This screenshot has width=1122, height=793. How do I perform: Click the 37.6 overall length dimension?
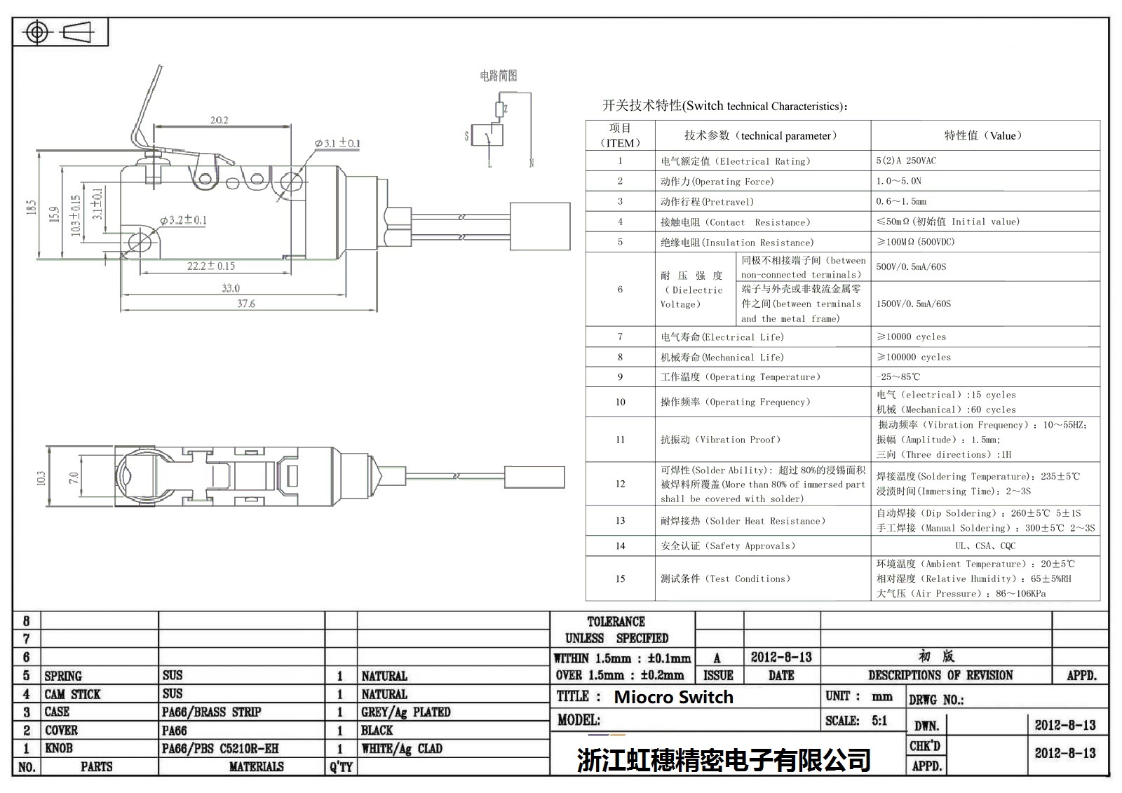pos(246,304)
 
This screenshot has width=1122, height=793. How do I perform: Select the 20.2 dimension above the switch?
pos(219,120)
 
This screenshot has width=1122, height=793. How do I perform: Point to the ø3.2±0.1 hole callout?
pos(183,220)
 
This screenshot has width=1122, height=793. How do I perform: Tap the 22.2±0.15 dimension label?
pos(210,266)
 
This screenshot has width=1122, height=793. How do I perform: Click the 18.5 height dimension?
pos(31,208)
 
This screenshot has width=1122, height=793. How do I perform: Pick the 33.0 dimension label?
pos(231,288)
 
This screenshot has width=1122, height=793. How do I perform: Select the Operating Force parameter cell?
pos(717,182)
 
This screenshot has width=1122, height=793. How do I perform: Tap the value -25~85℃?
pos(898,377)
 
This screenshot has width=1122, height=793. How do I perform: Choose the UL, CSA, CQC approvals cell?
pos(985,545)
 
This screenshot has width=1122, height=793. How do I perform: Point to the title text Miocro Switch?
pos(673,697)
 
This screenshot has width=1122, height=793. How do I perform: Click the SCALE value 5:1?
pos(879,720)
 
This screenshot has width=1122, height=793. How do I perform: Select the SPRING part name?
pos(63,676)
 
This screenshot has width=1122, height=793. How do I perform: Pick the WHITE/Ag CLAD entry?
pos(402,749)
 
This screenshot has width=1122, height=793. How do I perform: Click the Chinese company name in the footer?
pos(724,759)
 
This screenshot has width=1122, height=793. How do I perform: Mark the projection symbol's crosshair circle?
pos(37,32)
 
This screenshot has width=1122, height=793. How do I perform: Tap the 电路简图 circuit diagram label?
pos(499,76)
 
